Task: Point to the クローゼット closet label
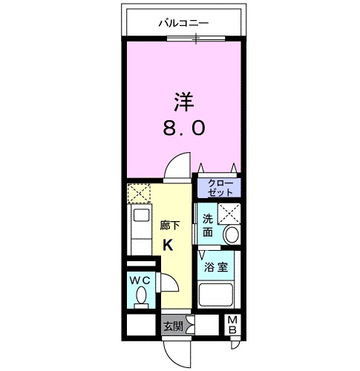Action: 219,187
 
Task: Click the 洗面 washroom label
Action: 209,226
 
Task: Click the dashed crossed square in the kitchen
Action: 139,194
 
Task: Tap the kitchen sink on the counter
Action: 139,220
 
